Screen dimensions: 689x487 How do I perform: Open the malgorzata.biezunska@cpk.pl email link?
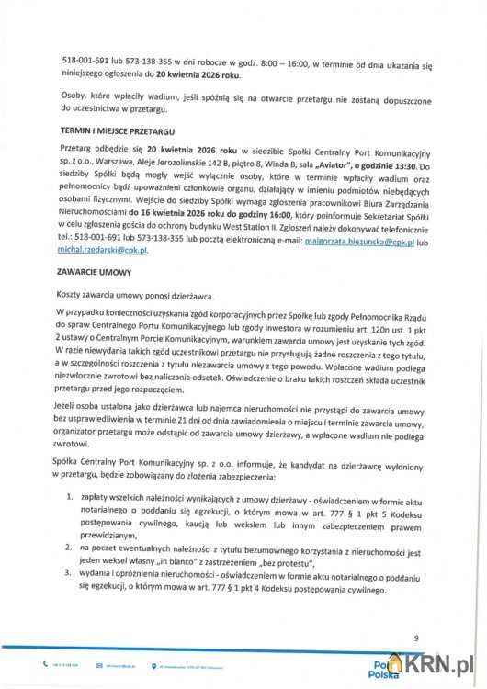[368, 240]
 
